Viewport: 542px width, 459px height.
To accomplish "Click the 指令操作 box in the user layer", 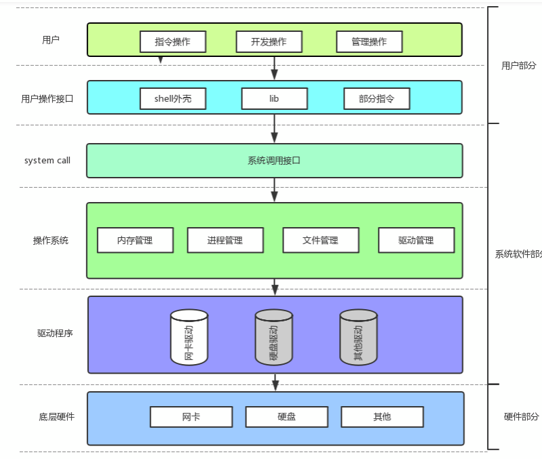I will point(172,41).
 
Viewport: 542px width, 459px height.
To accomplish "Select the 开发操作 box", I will point(269,41).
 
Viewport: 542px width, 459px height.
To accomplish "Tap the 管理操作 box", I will point(369,41).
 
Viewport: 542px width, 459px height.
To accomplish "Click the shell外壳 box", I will point(172,98).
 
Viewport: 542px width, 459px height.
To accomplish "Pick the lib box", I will point(274,98).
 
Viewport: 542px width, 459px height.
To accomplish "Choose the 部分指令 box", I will point(376,98).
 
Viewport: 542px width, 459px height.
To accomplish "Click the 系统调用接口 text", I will point(274,161).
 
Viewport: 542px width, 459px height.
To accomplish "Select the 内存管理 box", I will point(135,240).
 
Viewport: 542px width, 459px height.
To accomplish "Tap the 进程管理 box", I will point(225,240).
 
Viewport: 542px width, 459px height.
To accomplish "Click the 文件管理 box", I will point(320,240).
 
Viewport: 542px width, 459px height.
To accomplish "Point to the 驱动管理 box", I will point(416,240).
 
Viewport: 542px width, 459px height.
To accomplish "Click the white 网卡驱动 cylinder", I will point(189,337).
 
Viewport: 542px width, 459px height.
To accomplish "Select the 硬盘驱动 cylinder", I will point(273,337).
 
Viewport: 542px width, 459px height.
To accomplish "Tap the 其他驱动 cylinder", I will point(358,337).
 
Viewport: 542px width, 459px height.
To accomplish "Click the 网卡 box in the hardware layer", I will point(191,416).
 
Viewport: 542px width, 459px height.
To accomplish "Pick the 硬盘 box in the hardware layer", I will point(286,416).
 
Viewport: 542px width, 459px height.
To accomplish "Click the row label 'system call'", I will point(47,161).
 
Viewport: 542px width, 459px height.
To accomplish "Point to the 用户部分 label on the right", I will point(518,66).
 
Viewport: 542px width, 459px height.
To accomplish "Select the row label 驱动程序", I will point(55,333).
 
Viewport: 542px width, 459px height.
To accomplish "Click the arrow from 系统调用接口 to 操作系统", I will point(275,190).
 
